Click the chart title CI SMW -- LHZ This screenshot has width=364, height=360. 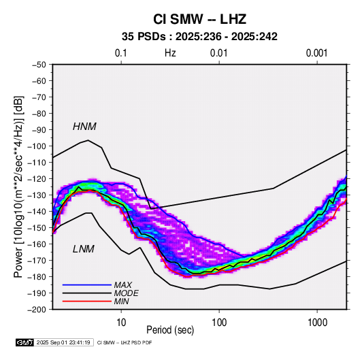coord(199,19)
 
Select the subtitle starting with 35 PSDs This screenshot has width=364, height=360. coord(199,37)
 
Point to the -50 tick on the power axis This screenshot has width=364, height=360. coord(39,65)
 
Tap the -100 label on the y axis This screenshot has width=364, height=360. coord(37,146)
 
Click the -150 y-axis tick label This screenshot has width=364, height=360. coord(37,228)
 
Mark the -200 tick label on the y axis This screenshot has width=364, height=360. coord(37,310)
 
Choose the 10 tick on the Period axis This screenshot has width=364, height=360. coord(121,323)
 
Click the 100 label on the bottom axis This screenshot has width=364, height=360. coord(219,323)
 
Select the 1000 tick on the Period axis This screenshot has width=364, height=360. coord(317,323)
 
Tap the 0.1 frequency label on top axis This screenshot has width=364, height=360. coord(121,53)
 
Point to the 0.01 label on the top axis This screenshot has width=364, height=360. coord(218,53)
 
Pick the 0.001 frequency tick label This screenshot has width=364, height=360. coord(316,53)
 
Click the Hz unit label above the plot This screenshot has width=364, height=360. coord(170,53)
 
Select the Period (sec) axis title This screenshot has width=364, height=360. coord(170,330)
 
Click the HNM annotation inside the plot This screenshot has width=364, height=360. coord(84,127)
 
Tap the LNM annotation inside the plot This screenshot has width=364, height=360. coord(84,249)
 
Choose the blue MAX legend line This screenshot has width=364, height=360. coord(87,284)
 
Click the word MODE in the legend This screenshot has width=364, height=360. coord(127,293)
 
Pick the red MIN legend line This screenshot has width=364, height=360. coord(87,301)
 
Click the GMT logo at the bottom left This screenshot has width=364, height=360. coord(25,342)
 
